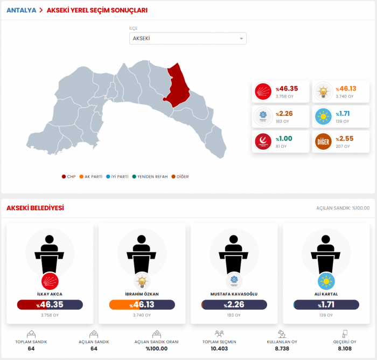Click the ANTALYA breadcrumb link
click(21, 10)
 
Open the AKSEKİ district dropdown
click(188, 38)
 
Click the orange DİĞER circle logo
click(323, 141)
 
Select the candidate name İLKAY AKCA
click(50, 294)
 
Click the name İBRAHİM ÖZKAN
click(142, 294)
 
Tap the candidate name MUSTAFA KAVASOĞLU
click(234, 294)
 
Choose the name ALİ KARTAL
click(326, 294)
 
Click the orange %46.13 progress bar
click(142, 305)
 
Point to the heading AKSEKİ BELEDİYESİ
click(35, 208)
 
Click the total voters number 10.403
click(219, 349)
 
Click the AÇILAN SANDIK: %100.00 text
click(343, 208)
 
